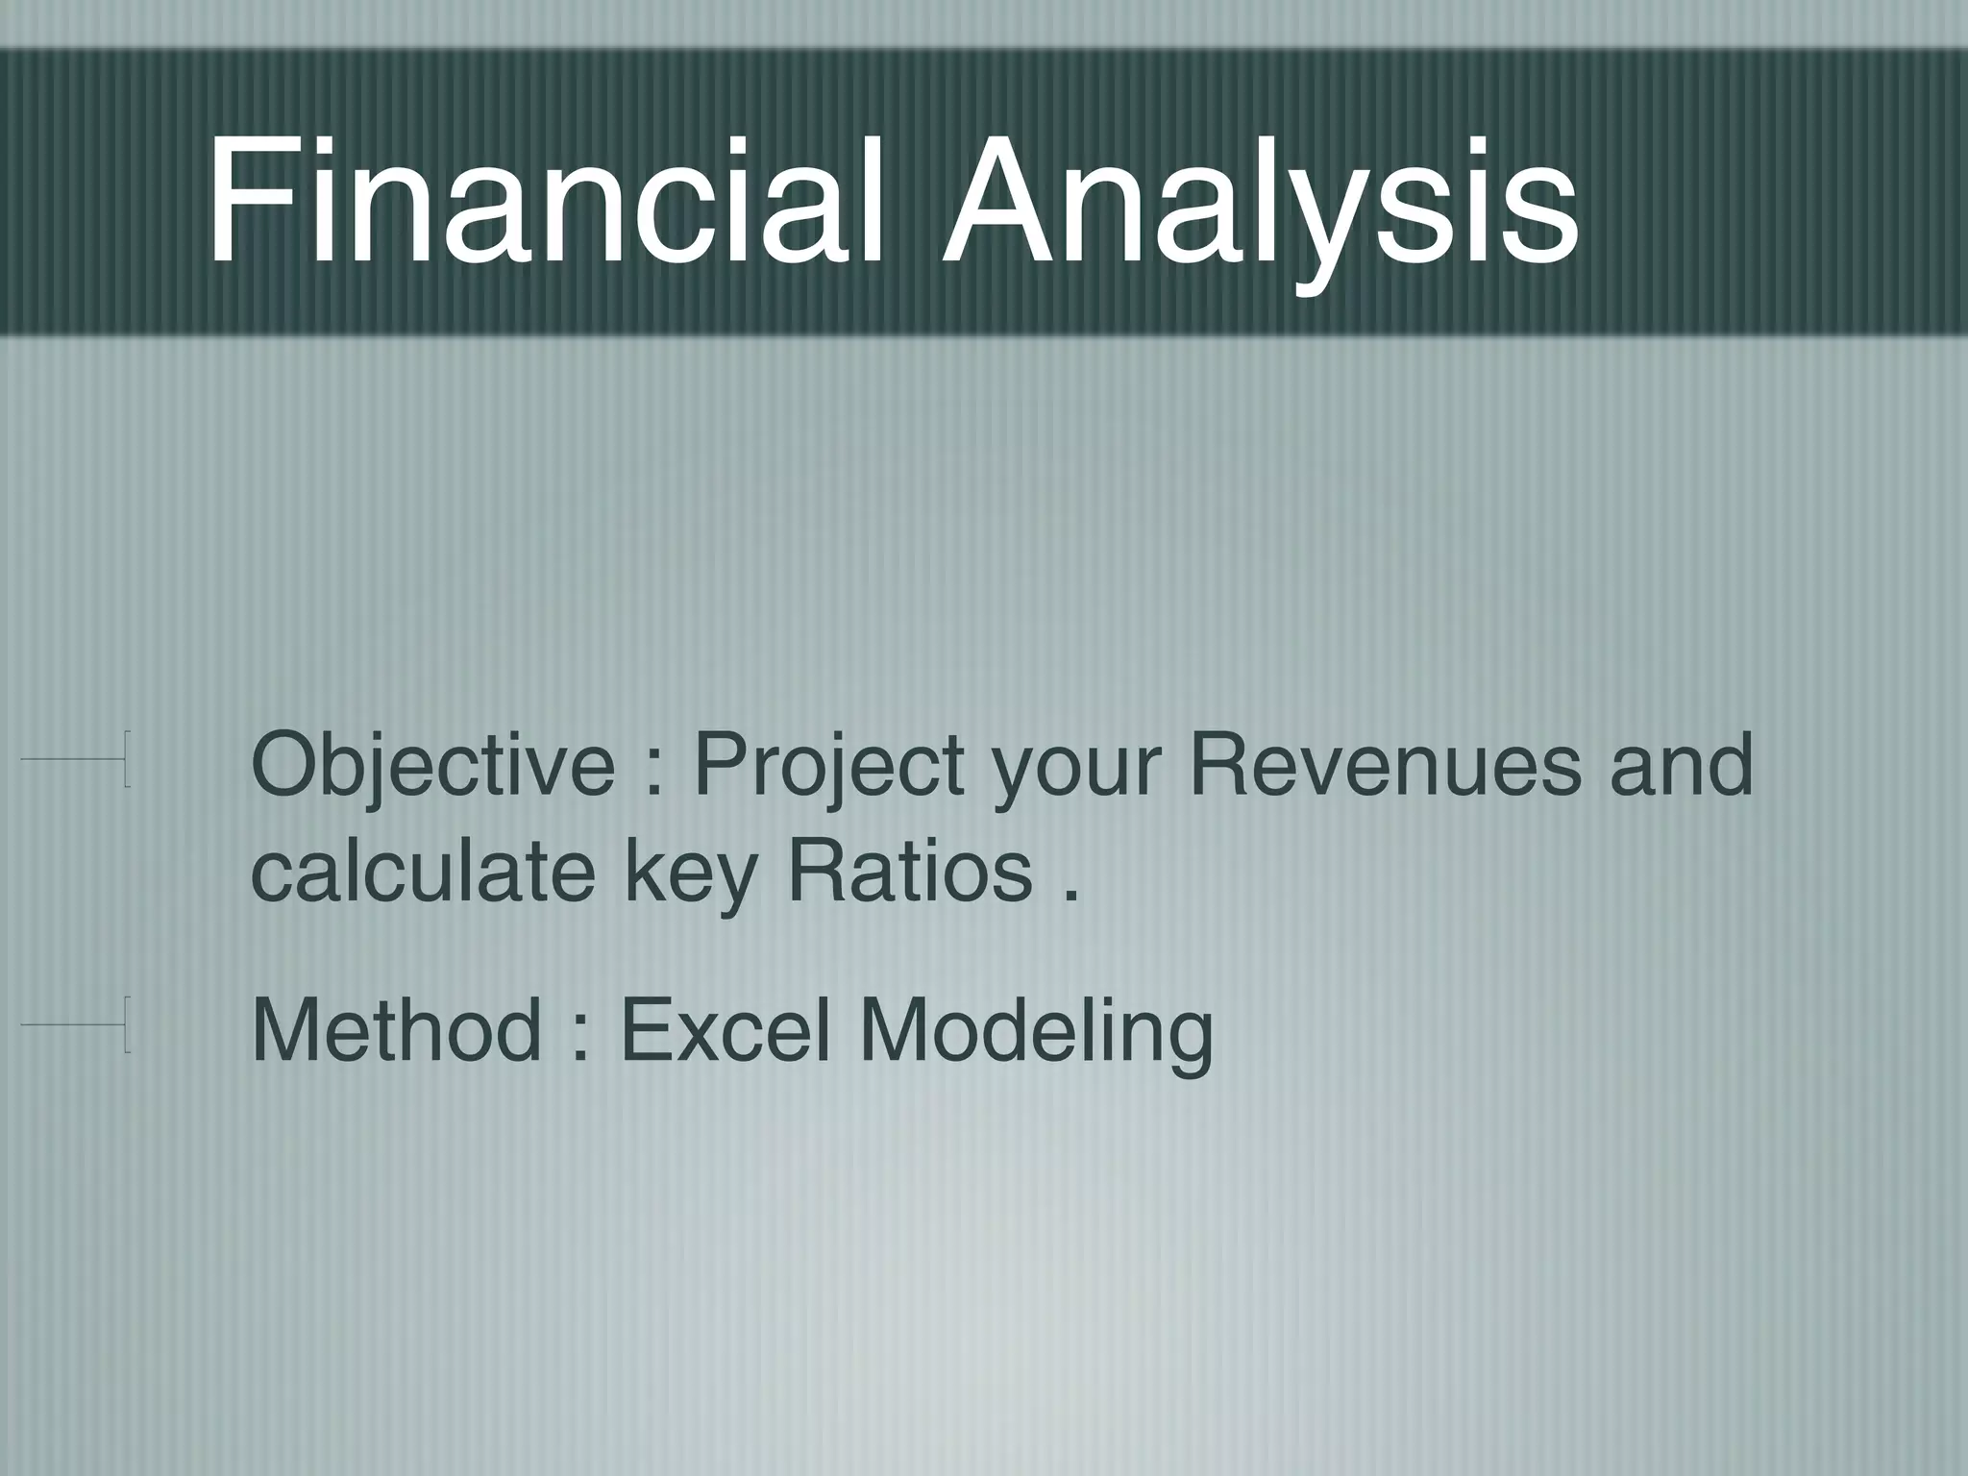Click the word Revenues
click(x=1384, y=767)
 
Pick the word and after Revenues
click(x=1682, y=767)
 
